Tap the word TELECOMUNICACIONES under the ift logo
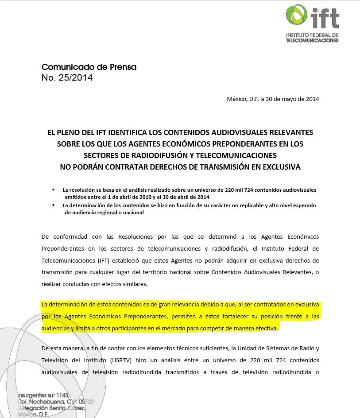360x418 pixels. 312,40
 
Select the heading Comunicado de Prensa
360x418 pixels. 89,67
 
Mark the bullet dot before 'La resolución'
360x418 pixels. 54,190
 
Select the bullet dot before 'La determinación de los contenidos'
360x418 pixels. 54,205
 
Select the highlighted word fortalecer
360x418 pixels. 228,317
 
